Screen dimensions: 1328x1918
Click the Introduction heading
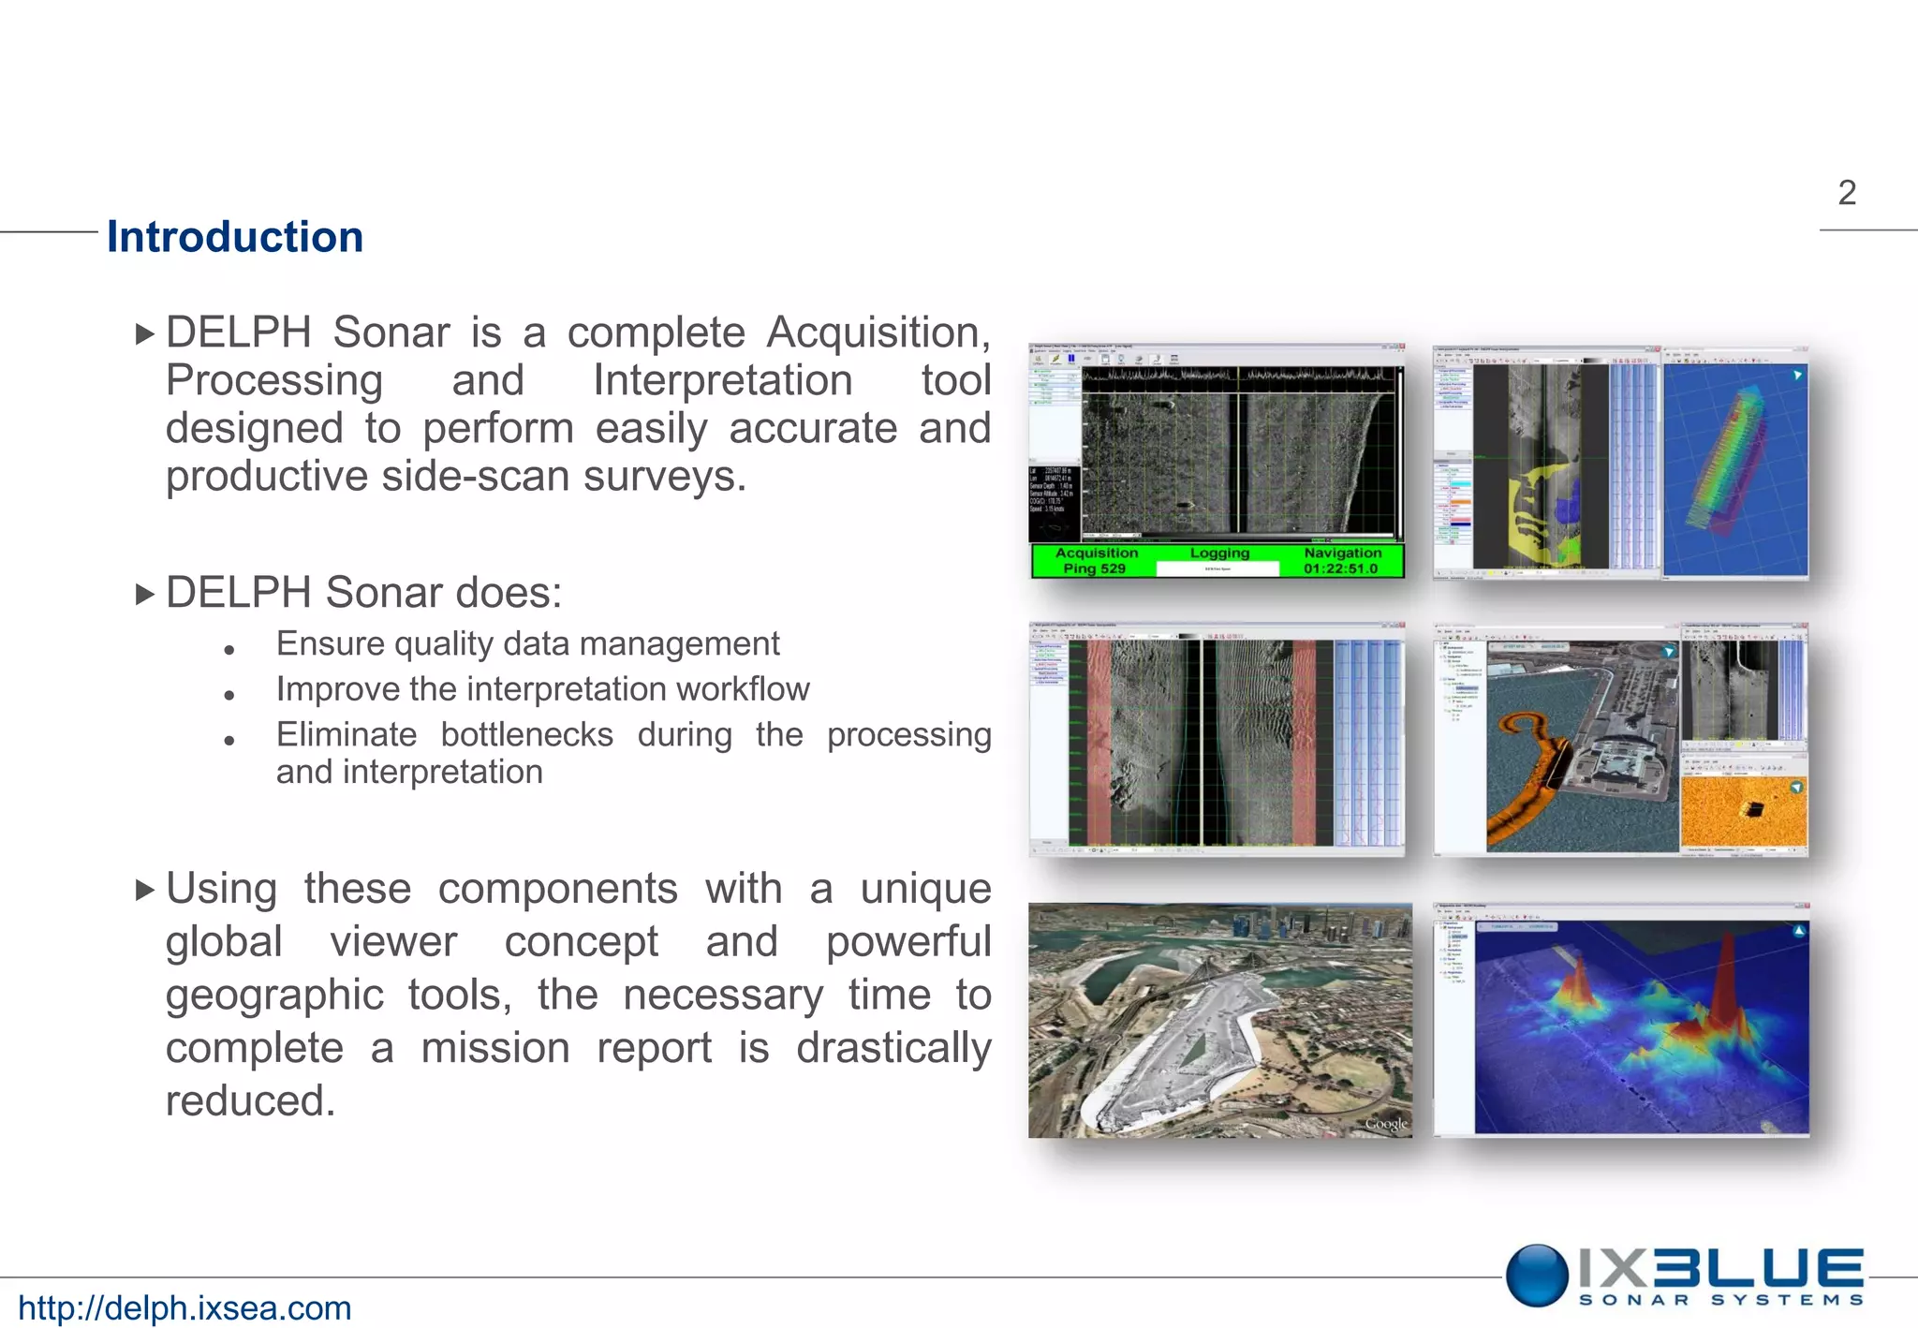234,237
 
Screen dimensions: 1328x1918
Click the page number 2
1846,193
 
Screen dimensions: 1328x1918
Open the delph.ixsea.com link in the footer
184,1307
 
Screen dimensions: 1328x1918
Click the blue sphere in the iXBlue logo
1537,1275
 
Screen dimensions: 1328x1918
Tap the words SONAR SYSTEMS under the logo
1720,1300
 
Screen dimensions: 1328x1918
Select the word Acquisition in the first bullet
878,332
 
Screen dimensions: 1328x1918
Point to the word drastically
893,1047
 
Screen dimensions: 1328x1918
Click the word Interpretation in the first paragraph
722,380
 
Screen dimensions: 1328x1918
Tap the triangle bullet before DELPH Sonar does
144,594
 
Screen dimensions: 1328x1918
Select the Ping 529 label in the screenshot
1094,568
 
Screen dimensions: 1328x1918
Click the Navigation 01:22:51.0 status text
1341,560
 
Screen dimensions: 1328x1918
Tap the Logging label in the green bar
1219,553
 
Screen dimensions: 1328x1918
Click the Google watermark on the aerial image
1385,1123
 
